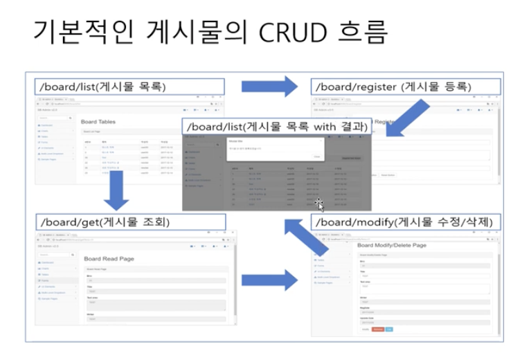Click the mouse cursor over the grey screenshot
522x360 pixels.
[318, 204]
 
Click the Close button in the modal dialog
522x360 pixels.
[316, 156]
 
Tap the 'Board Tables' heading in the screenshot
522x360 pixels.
[98, 121]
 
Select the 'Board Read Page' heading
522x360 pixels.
[109, 258]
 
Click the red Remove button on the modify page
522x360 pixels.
[377, 329]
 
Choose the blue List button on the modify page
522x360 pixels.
[388, 329]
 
